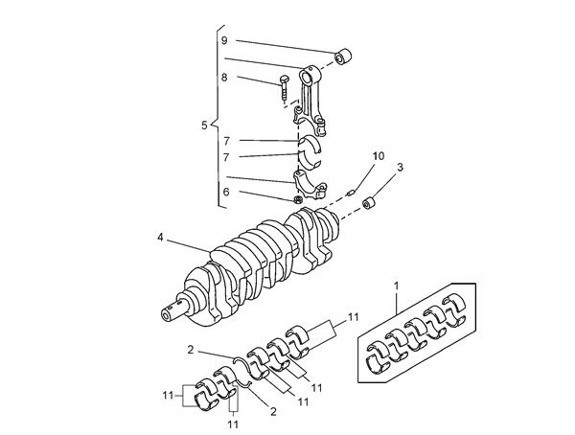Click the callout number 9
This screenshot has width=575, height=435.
tap(224, 40)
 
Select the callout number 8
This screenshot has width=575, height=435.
tap(224, 78)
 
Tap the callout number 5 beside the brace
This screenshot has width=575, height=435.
tap(205, 126)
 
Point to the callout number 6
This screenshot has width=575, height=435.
tap(226, 192)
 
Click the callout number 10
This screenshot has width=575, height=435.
tap(379, 156)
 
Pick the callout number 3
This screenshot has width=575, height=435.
tap(400, 168)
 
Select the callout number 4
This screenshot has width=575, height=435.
tap(160, 238)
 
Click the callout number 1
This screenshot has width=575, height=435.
tap(396, 286)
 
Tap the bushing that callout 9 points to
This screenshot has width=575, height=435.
tap(343, 56)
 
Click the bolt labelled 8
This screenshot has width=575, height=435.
tap(285, 88)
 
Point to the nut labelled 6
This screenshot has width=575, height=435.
tap(298, 200)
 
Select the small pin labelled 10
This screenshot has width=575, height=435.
tap(351, 193)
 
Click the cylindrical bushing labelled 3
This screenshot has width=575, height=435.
tap(370, 203)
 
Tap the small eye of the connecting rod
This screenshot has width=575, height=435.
tap(306, 78)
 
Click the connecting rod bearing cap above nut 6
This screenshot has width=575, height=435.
tap(310, 185)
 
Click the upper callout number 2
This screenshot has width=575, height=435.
tap(191, 350)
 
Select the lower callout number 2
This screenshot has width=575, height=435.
tap(273, 412)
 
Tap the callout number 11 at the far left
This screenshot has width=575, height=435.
tap(168, 396)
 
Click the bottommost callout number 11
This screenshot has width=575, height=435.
tap(233, 424)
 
